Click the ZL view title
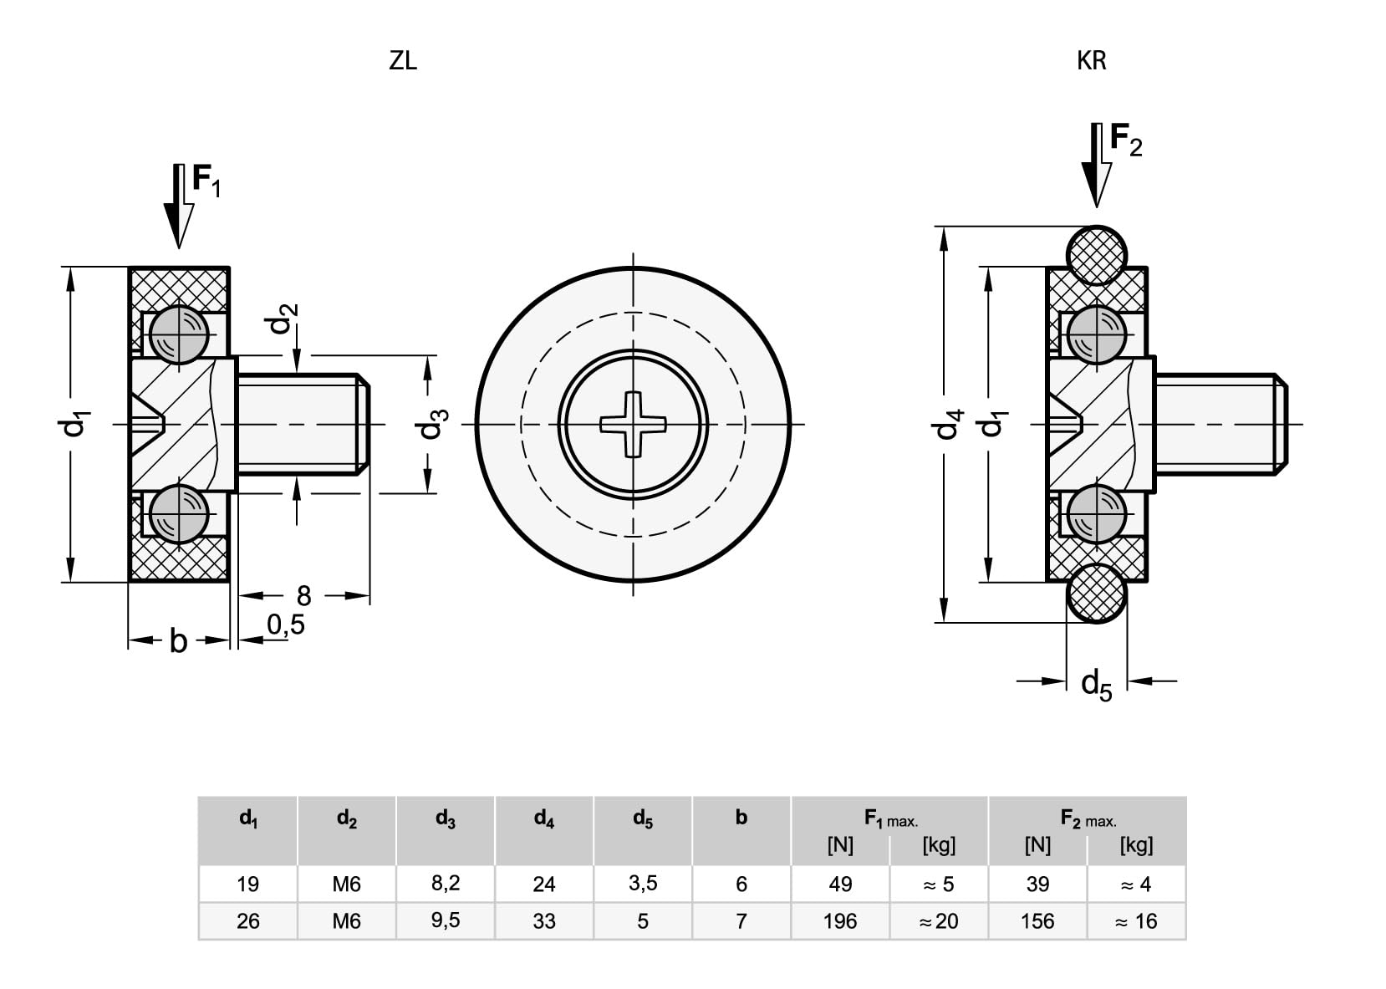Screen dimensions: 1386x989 coord(403,61)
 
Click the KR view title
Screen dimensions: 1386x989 coord(1092,61)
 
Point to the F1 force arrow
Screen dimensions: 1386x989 coord(178,206)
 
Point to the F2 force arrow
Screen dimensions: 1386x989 coord(1097,166)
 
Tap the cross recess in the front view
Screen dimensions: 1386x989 coord(633,425)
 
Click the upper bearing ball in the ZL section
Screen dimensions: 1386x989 coord(179,334)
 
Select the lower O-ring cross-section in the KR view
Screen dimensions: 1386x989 coord(1097,593)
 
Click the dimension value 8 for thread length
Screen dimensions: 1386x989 coord(303,596)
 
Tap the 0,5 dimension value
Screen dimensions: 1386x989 coord(286,625)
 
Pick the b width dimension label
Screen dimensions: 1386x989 coord(178,641)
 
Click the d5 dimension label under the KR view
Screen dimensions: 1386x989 coord(1097,685)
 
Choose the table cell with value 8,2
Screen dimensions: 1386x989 coord(446,883)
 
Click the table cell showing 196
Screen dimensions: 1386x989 coord(840,921)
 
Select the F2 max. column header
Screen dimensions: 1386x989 coord(1088,818)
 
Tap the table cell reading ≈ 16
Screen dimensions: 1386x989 coord(1136,921)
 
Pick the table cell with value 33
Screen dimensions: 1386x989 coord(544,921)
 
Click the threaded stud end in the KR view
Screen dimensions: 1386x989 coord(1282,425)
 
